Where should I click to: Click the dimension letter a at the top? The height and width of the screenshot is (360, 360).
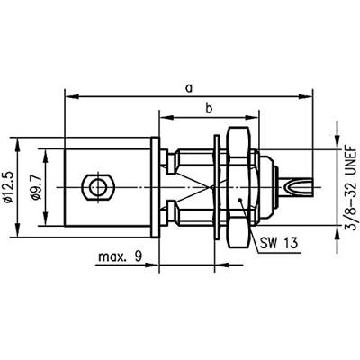click(x=188, y=87)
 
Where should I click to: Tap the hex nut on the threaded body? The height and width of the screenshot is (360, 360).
click(x=238, y=187)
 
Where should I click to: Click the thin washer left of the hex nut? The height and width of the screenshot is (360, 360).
click(x=219, y=187)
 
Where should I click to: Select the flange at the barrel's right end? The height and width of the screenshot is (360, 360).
click(x=157, y=187)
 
